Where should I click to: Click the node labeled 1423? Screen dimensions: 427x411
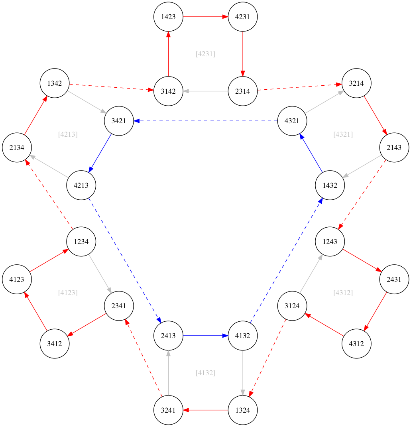pyautogui.click(x=168, y=17)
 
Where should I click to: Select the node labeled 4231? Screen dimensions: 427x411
pyautogui.click(x=242, y=17)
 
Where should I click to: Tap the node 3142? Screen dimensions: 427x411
pyautogui.click(x=168, y=91)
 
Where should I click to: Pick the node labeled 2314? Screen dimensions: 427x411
pyautogui.click(x=242, y=91)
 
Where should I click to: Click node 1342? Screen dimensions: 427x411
pyautogui.click(x=55, y=83)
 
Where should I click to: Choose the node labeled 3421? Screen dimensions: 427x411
pyautogui.click(x=119, y=120)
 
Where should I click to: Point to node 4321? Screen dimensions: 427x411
pyautogui.click(x=292, y=120)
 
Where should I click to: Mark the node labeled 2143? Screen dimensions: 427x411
pyautogui.click(x=394, y=148)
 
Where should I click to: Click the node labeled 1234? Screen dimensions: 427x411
pyautogui.click(x=81, y=241)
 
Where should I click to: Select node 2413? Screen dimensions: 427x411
pyautogui.click(x=168, y=336)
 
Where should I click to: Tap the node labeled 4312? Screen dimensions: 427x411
pyautogui.click(x=356, y=343)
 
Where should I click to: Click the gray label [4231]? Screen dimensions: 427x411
pyautogui.click(x=205, y=54)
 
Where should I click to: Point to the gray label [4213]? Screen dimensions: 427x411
pyautogui.click(x=68, y=134)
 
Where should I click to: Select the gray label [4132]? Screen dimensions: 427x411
pyautogui.click(x=205, y=373)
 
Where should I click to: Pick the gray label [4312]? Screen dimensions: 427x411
pyautogui.click(x=343, y=293)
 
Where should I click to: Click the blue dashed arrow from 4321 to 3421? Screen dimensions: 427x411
pyautogui.click(x=205, y=120)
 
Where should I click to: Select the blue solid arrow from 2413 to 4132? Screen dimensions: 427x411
pyautogui.click(x=205, y=336)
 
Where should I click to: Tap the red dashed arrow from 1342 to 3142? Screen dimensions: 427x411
pyautogui.click(x=112, y=87)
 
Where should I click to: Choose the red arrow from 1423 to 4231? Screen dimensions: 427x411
pyautogui.click(x=205, y=17)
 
